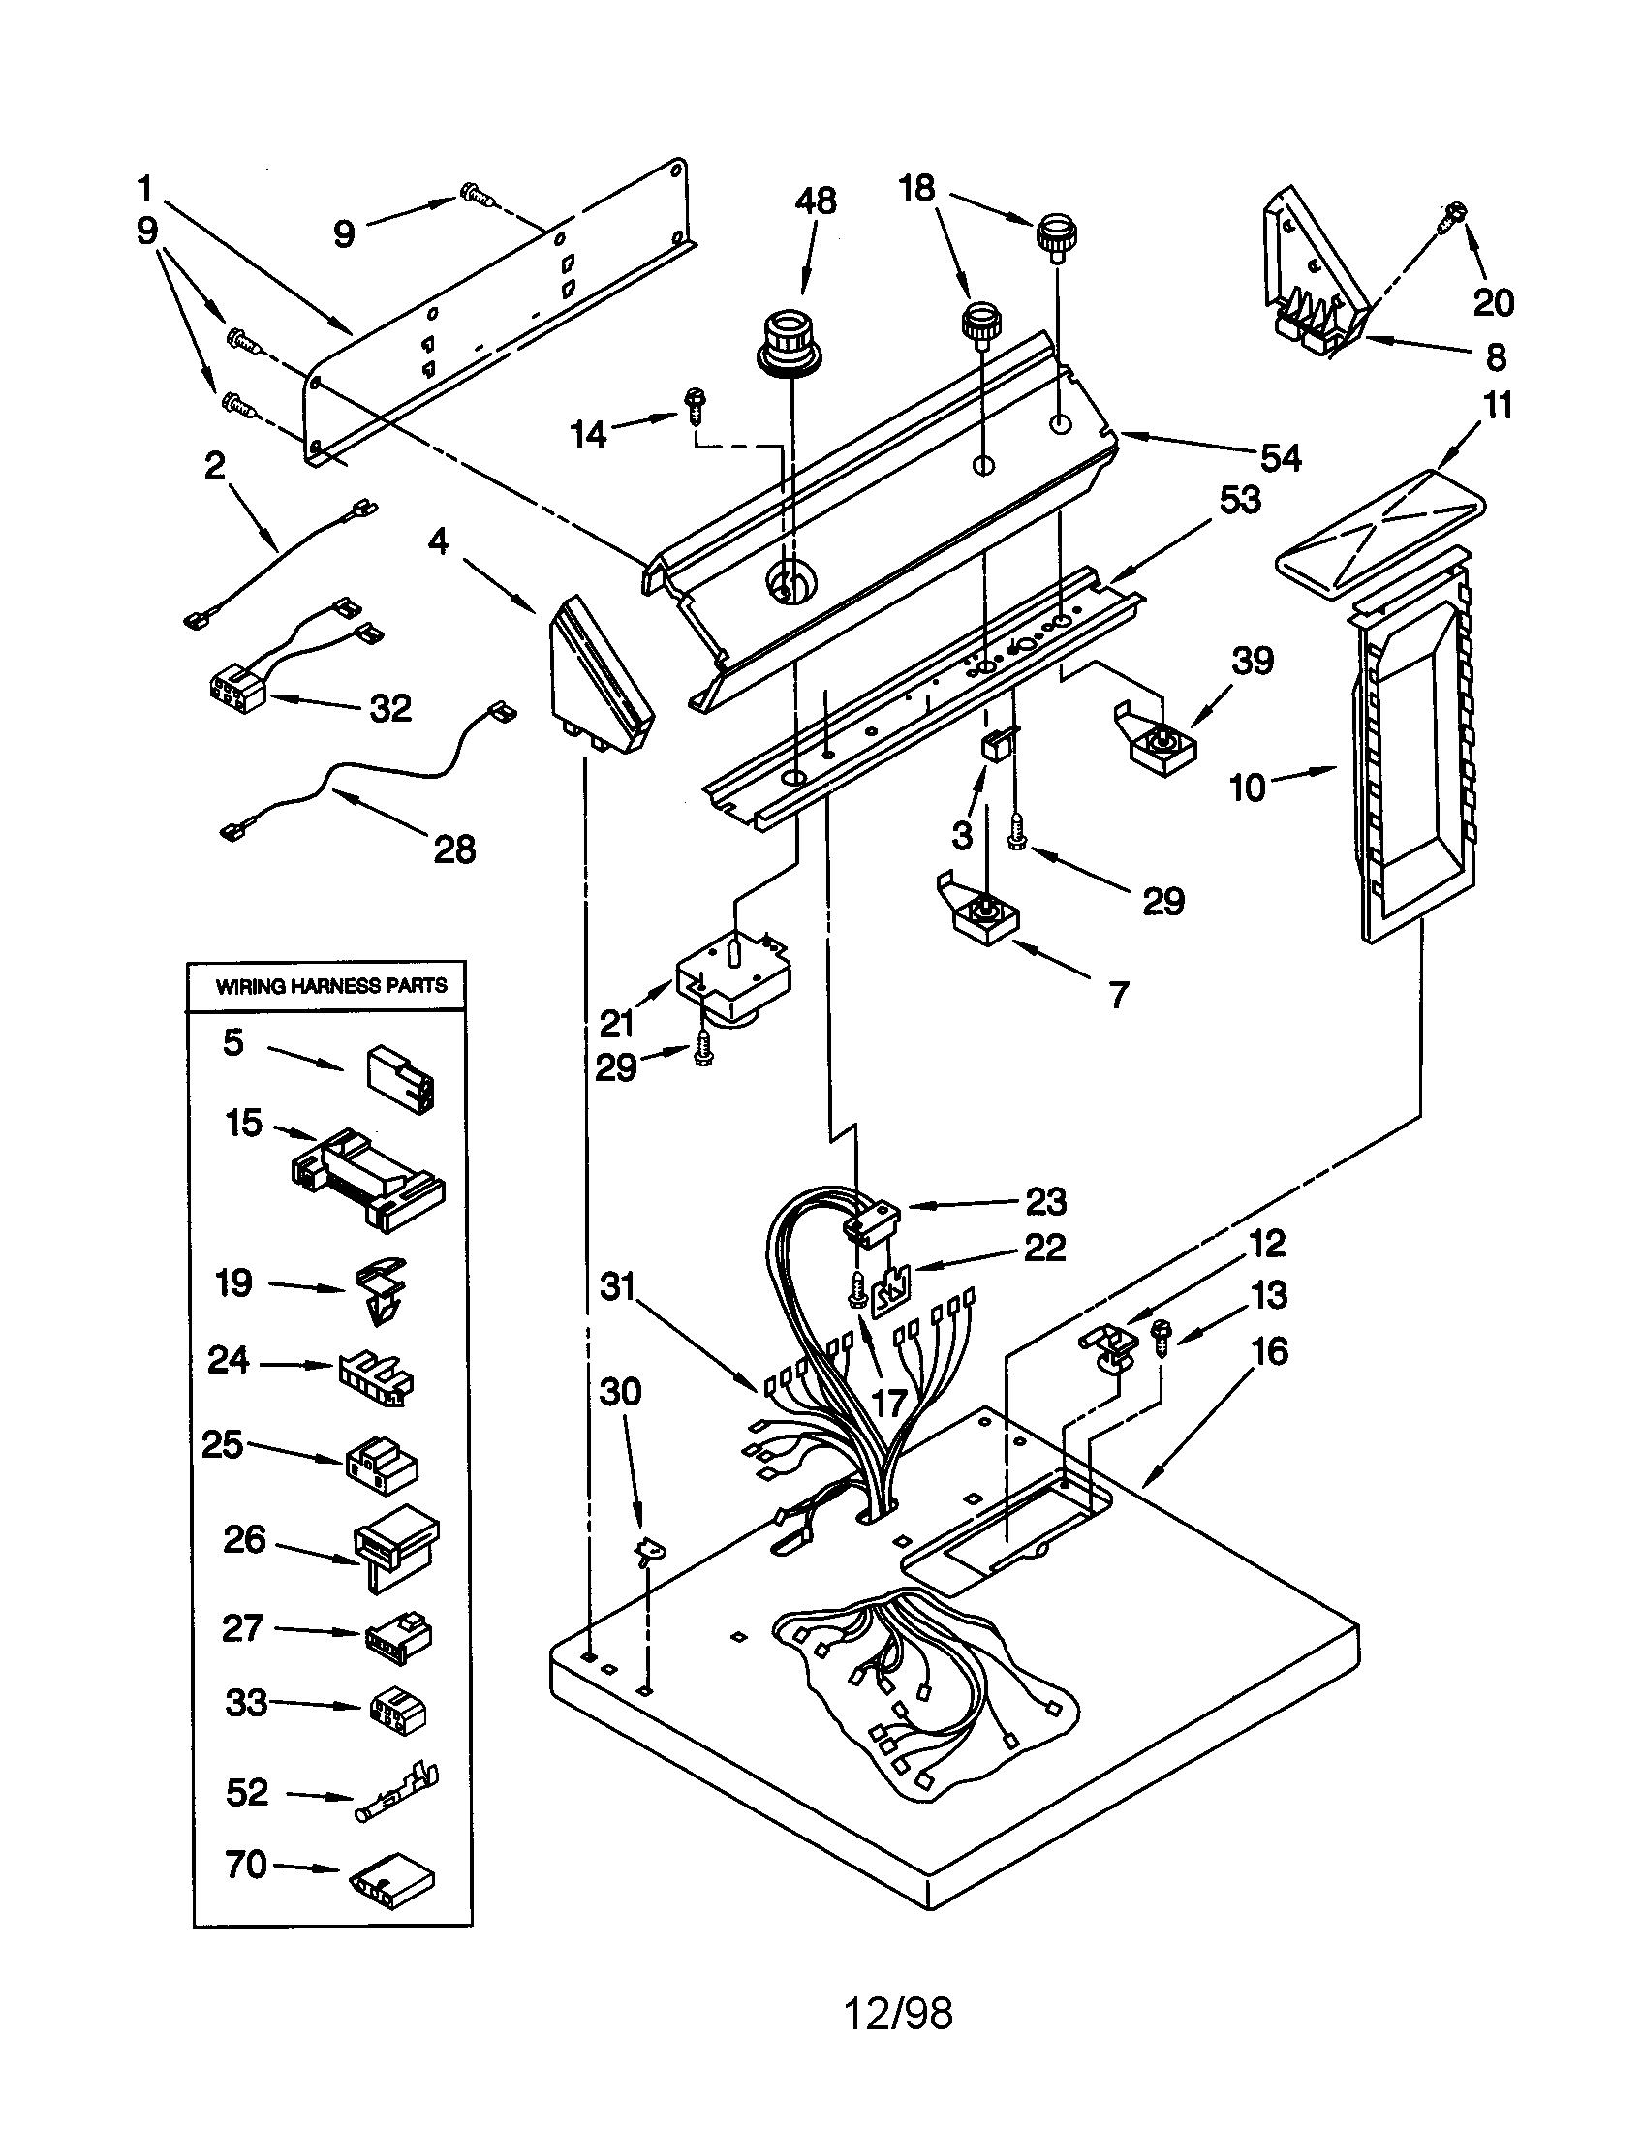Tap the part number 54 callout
coord(1280,456)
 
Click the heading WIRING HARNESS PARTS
coord(330,985)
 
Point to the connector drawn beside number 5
coord(400,1079)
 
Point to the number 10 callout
coord(1247,787)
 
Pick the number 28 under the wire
coord(454,849)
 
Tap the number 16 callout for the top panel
coord(1270,1351)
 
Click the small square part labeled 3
coord(994,748)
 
